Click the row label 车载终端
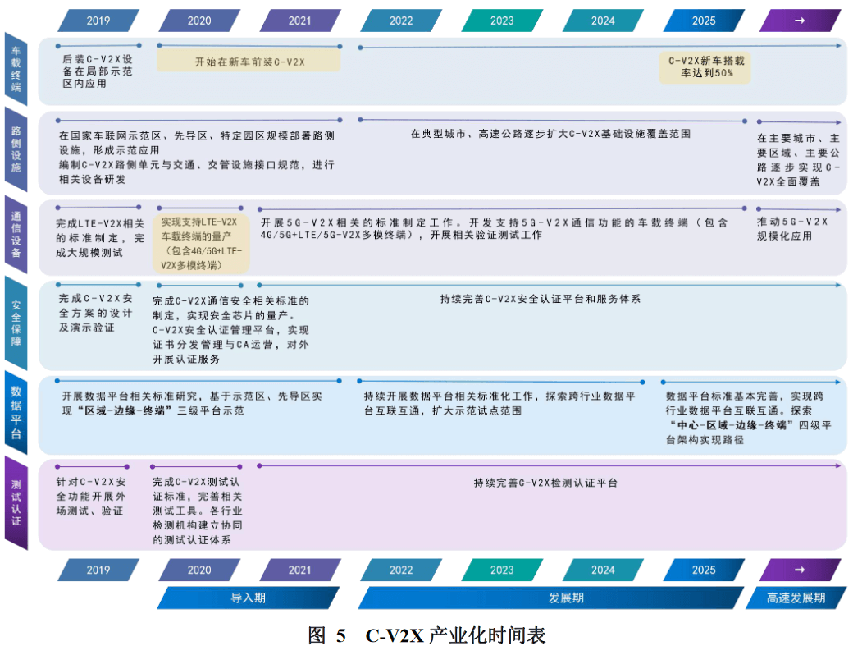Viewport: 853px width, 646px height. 16,69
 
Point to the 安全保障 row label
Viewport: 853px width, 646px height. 16,323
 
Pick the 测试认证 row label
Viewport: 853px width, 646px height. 16,502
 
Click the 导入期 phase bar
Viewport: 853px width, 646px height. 248,598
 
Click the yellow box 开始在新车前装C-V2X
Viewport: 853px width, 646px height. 249,62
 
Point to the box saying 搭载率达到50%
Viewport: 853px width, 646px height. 706,66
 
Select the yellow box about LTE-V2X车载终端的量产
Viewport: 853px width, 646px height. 201,244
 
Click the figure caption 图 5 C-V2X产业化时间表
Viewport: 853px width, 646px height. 426,635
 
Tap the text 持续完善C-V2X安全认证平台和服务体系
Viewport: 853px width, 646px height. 540,299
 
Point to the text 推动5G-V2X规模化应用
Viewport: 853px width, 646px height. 792,228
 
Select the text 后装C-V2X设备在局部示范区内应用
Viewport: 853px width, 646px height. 97,71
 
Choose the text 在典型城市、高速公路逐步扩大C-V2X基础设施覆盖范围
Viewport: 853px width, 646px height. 550,132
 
